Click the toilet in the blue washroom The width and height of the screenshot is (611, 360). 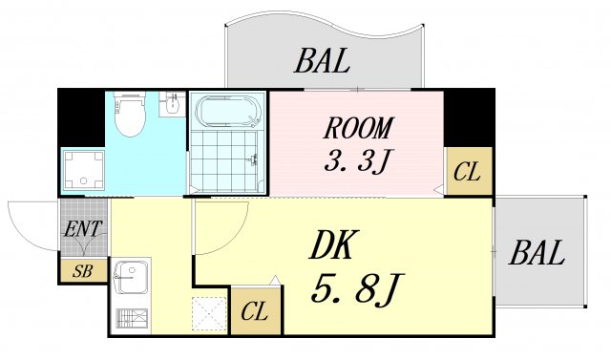click(x=127, y=116)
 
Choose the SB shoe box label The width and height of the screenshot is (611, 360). click(x=84, y=270)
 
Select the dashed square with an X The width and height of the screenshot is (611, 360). click(x=207, y=313)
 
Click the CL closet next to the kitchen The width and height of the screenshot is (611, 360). click(x=255, y=310)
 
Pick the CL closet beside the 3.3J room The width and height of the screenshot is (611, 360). click(x=468, y=172)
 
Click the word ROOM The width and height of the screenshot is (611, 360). click(x=357, y=127)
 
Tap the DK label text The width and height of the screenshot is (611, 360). click(x=333, y=246)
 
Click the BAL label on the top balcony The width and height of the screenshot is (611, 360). click(x=322, y=62)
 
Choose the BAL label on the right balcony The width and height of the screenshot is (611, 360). click(x=537, y=254)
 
